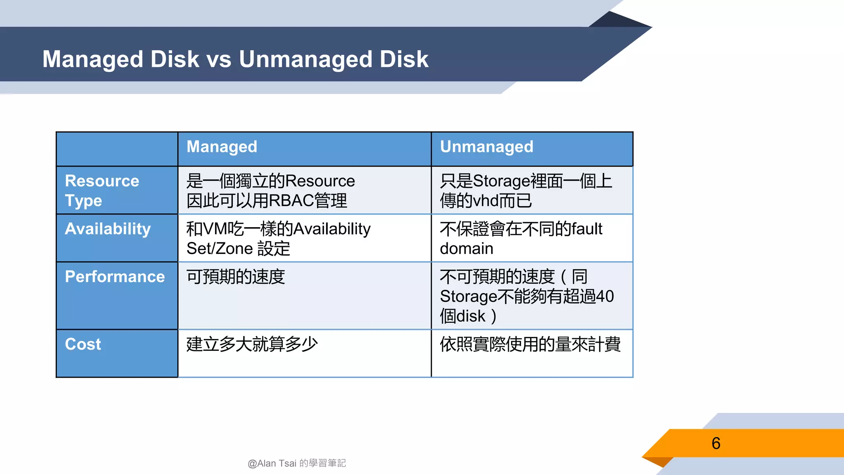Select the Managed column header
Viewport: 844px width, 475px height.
pyautogui.click(x=222, y=147)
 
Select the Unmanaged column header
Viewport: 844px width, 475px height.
pyautogui.click(x=486, y=147)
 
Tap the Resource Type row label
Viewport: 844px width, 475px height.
pyautogui.click(x=102, y=190)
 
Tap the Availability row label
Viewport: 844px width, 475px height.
pyautogui.click(x=108, y=229)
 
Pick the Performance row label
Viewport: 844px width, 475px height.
pyautogui.click(x=115, y=277)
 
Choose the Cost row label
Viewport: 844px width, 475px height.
pyautogui.click(x=83, y=344)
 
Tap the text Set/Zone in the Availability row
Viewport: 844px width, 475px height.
pyautogui.click(x=220, y=249)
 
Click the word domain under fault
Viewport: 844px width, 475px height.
pyautogui.click(x=467, y=249)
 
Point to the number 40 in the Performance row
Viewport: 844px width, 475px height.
pyautogui.click(x=605, y=296)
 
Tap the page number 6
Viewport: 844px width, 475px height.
pyautogui.click(x=716, y=444)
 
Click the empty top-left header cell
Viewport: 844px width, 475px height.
pyautogui.click(x=117, y=149)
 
